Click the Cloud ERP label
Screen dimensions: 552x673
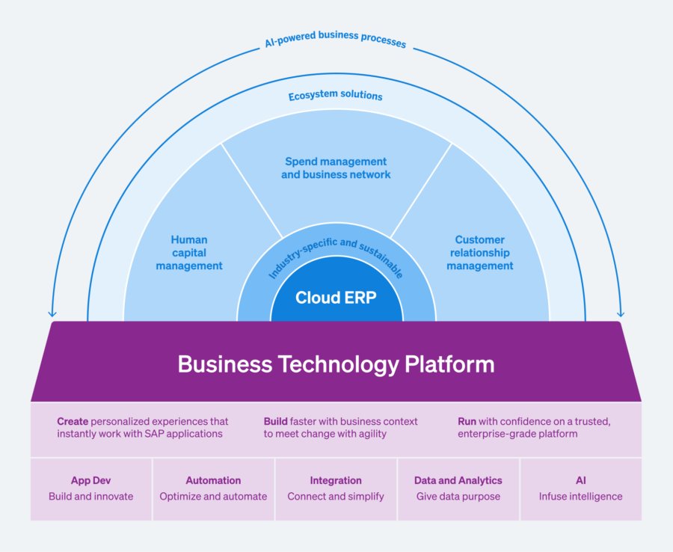click(x=336, y=298)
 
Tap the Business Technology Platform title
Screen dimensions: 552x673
click(x=336, y=364)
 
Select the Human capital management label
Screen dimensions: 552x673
click(x=189, y=253)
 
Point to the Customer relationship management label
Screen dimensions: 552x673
click(x=479, y=253)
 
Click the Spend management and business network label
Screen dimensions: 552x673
click(x=336, y=168)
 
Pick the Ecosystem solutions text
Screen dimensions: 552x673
click(x=336, y=96)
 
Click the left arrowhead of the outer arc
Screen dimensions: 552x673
click(x=52, y=313)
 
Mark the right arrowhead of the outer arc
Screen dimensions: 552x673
click(x=620, y=313)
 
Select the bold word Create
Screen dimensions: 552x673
click(x=73, y=422)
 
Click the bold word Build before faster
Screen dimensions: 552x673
click(x=276, y=422)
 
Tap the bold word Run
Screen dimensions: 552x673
click(x=467, y=422)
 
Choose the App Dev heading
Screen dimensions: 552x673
click(x=91, y=480)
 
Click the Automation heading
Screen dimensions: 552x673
click(x=213, y=480)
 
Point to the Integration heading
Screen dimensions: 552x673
click(x=336, y=480)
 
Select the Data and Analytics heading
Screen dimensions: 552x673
click(x=458, y=480)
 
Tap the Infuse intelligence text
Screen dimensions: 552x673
click(x=580, y=496)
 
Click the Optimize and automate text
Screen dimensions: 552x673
click(x=213, y=496)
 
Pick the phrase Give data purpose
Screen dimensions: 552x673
click(x=458, y=496)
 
